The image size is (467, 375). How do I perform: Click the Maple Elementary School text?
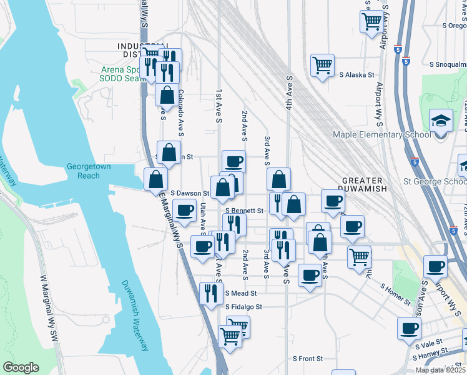381,134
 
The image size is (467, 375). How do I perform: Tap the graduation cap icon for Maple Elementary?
441,119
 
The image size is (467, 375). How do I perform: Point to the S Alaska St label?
356,74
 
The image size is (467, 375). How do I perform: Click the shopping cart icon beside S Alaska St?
322,64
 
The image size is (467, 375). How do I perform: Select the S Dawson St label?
189,194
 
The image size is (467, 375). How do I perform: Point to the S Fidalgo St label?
244,307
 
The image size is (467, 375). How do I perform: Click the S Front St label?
308,359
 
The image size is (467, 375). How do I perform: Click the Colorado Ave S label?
180,112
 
